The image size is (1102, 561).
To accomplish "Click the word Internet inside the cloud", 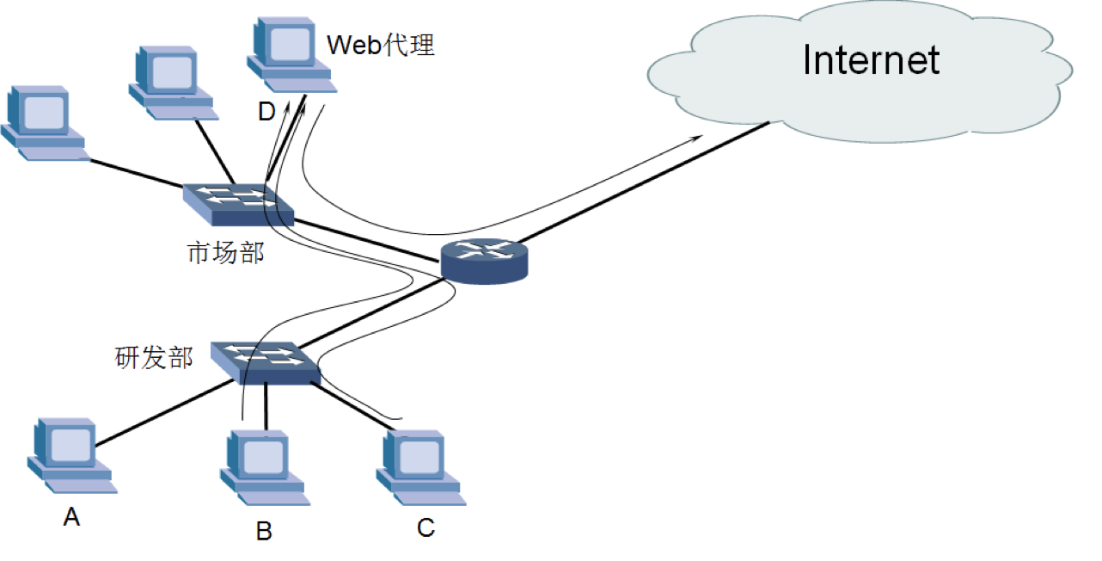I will click(x=870, y=60).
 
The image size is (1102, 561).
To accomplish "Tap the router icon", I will click(x=483, y=261).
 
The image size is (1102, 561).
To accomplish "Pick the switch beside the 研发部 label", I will click(x=266, y=361).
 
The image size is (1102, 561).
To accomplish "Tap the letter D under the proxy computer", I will click(x=266, y=111).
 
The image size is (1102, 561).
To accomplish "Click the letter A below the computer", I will click(x=72, y=517).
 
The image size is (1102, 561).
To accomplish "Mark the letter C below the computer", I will click(x=425, y=527).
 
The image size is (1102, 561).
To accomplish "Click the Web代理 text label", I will click(x=381, y=45).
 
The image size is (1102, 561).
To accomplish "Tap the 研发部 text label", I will click(x=154, y=357).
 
